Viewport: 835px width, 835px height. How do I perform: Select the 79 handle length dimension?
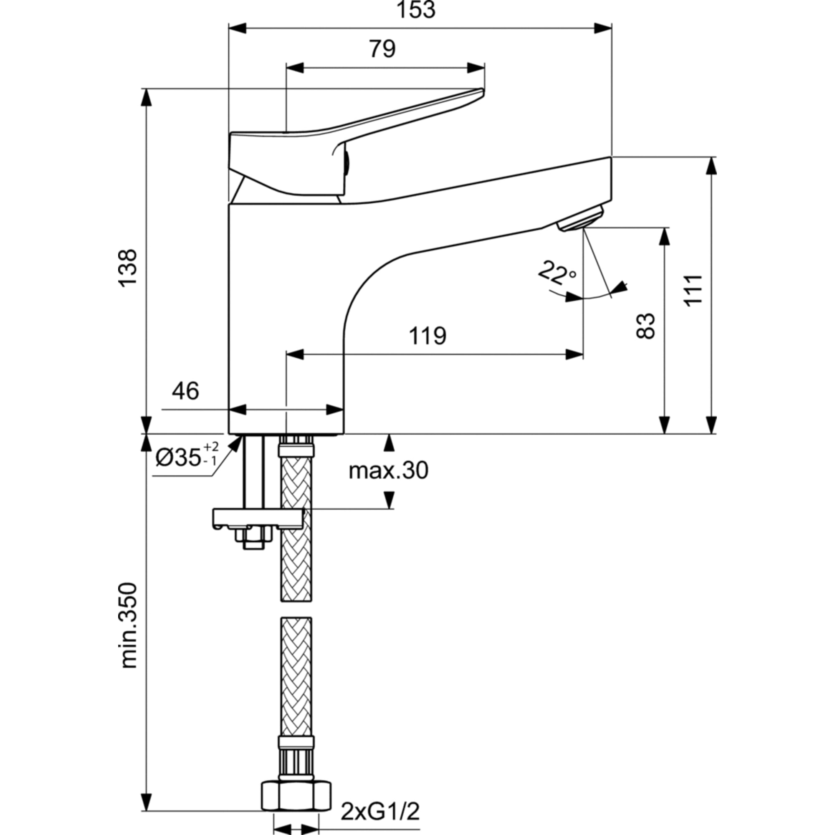(382, 49)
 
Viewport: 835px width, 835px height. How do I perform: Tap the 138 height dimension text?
(128, 268)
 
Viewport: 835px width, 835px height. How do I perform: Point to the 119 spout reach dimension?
(428, 336)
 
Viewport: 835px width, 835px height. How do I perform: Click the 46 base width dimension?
(185, 391)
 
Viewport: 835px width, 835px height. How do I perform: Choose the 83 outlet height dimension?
(646, 326)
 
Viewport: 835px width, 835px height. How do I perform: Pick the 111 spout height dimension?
(693, 290)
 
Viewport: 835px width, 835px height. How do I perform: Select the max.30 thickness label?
(388, 470)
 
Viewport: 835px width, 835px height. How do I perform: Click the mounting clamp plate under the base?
(258, 518)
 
